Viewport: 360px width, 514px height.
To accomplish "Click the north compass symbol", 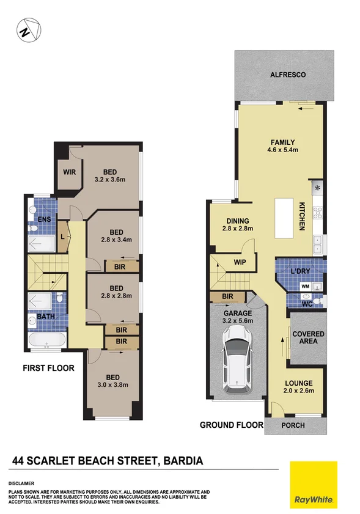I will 28,31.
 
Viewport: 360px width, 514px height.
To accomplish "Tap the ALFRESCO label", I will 287,75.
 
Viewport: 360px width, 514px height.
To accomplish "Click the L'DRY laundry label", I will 301,271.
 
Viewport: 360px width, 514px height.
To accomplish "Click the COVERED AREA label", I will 308,337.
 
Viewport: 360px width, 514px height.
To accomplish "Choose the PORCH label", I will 293,426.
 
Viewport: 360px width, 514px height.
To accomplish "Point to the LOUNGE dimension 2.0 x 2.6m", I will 299,392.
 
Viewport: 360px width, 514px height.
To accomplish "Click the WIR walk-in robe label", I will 68,172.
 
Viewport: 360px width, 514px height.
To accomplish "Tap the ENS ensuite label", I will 43,219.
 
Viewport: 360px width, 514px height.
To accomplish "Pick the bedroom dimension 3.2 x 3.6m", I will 110,180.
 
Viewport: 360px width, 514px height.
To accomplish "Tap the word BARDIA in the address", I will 180,461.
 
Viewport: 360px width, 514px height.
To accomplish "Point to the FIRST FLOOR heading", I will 48,368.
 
